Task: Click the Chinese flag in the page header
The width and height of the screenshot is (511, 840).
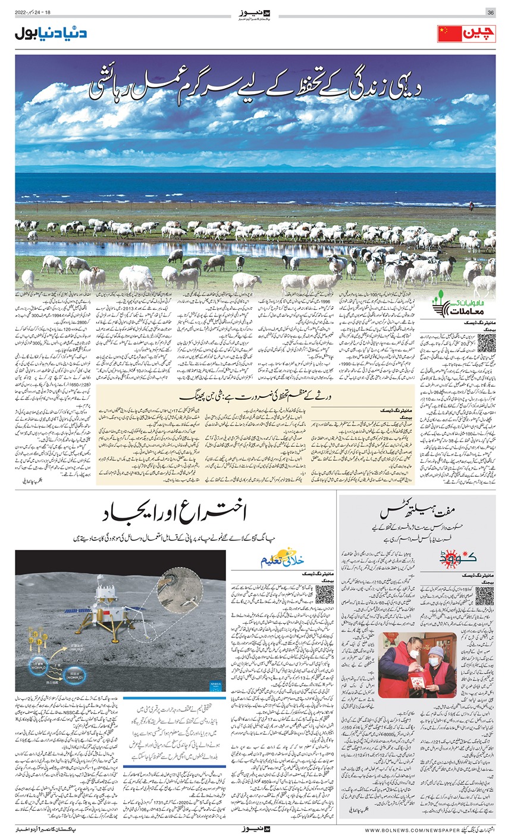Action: (449, 34)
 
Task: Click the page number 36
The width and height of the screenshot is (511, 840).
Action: (491, 12)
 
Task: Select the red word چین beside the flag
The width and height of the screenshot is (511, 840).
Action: (479, 34)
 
